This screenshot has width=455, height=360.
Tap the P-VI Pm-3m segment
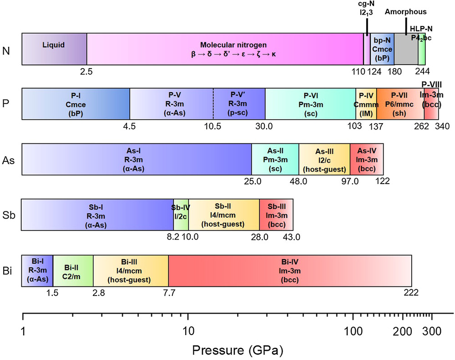click(310, 104)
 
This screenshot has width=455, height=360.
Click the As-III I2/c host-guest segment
click(324, 159)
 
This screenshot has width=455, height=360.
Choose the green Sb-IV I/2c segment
click(181, 214)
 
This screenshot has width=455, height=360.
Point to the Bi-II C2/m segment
click(73, 270)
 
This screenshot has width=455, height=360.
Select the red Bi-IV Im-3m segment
click(290, 270)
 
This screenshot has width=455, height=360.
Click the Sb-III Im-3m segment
click(276, 214)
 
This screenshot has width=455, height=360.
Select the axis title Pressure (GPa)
click(238, 350)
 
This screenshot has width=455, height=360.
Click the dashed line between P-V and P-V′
click(213, 104)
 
